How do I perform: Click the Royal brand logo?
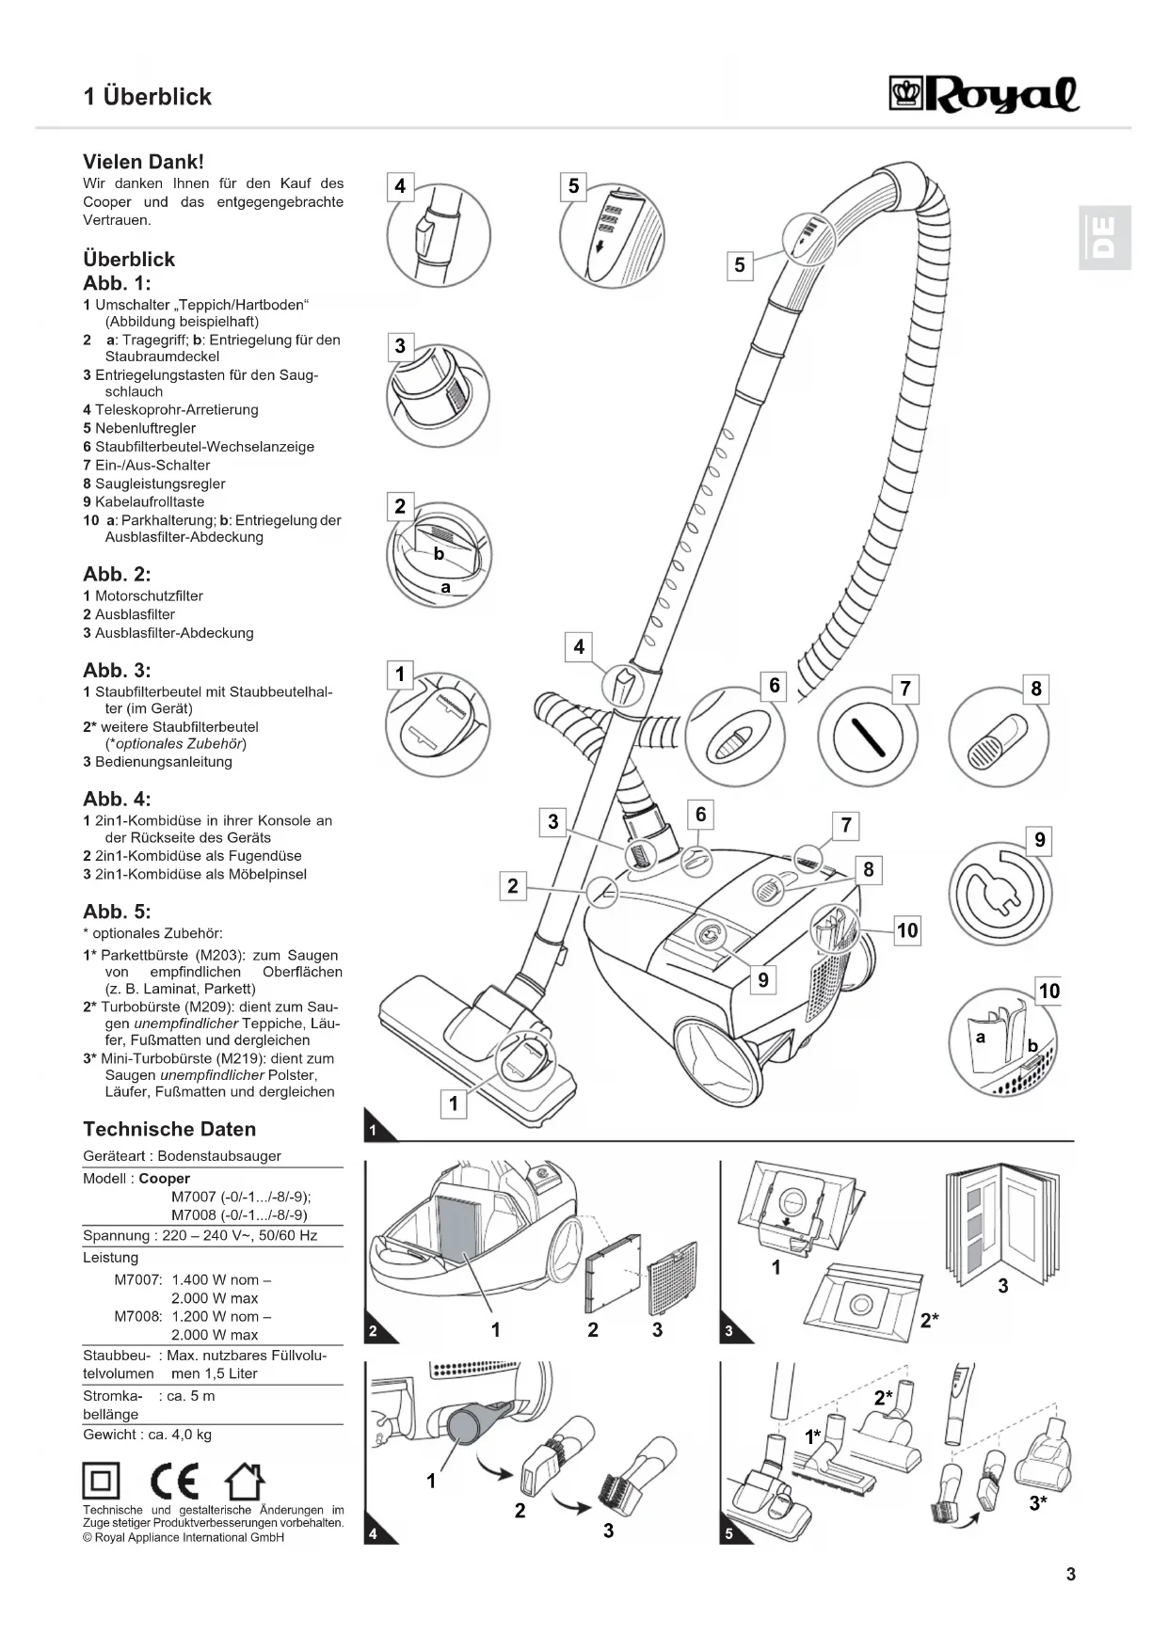[984, 95]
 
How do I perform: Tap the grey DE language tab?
[1104, 237]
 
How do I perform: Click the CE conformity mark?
[174, 1482]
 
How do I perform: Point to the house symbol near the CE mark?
[244, 1482]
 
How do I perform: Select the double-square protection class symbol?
[102, 1482]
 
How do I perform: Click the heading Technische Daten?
[169, 1129]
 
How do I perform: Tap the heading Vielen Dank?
[143, 162]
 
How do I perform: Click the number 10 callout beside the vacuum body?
[906, 930]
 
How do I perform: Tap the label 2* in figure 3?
[929, 1320]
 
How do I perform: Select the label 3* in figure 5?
[1037, 1502]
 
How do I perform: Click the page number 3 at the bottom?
[1070, 1574]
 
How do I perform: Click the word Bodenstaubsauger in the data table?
[219, 1156]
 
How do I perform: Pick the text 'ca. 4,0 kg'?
[180, 1435]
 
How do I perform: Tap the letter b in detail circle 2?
[439, 554]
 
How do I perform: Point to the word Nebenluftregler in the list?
[145, 428]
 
